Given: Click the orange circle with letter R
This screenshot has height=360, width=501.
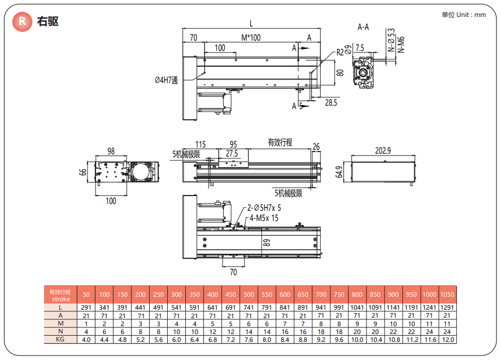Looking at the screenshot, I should (22, 22).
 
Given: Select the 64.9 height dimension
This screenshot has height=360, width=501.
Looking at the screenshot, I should (339, 172).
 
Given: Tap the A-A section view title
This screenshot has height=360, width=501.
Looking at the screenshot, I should (363, 27).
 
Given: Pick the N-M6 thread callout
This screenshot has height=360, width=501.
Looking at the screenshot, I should (401, 43).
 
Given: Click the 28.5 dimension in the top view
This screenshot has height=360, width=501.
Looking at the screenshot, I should (331, 102).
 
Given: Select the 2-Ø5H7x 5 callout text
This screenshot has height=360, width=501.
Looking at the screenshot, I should (264, 208).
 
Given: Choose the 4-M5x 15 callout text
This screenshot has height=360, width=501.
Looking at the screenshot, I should (264, 218).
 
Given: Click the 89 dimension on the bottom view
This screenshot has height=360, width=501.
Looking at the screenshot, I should (267, 243).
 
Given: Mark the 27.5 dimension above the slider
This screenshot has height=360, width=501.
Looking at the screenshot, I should (232, 153).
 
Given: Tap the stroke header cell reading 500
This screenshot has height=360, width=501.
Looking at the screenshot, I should (249, 294).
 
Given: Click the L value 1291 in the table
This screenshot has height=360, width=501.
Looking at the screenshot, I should (447, 307).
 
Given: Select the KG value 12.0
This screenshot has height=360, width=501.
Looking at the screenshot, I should (447, 340).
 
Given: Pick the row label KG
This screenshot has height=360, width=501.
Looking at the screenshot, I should (60, 340).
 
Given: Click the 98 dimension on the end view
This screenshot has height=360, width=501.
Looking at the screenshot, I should (111, 151).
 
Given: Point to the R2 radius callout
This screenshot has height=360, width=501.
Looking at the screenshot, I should (339, 52).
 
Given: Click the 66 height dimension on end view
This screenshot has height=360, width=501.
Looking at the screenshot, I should (83, 172).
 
